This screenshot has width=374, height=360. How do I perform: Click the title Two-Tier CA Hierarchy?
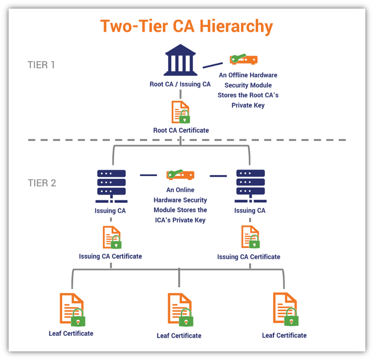pos(187,26)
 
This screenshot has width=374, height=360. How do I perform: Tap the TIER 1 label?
pos(41,65)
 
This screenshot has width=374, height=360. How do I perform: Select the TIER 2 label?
pos(42,183)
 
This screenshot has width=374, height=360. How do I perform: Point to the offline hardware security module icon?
pos(244,60)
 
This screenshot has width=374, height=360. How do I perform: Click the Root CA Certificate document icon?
pos(181,112)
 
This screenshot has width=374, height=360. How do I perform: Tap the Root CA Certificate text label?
pos(181,130)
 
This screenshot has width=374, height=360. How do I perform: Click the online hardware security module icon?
pos(180,175)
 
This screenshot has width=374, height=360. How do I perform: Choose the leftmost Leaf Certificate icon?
pos(72,309)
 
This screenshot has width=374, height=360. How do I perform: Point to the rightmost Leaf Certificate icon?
pos(285,309)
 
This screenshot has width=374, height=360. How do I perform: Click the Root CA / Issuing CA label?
pos(180,84)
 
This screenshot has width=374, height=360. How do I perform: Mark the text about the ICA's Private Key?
pos(180,205)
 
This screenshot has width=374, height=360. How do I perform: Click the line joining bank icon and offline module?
pos(213,65)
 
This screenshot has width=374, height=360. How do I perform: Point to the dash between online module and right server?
pos(218,176)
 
